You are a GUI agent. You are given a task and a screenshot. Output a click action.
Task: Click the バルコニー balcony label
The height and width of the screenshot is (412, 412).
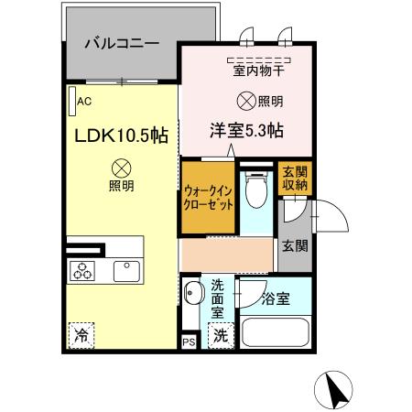(122, 42)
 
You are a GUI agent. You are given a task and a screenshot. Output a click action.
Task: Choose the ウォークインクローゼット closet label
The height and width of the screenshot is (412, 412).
(208, 196)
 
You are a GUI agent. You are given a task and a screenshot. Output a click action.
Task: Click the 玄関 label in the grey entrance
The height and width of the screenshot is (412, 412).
(294, 245)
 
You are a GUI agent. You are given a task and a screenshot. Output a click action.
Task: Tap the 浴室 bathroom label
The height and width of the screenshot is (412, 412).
(276, 298)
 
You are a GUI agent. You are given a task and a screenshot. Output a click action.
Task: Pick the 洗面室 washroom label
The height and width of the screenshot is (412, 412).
(219, 298)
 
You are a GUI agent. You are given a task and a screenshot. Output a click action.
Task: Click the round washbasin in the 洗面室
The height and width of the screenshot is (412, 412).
(193, 295)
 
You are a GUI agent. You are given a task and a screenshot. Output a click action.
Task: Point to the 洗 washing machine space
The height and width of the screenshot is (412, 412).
(221, 336)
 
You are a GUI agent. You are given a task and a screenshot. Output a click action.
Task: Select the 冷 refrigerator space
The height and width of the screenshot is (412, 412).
(81, 335)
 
